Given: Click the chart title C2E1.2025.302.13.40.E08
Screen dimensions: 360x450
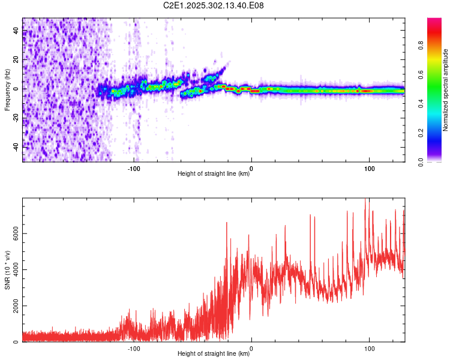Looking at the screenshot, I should click(x=214, y=5).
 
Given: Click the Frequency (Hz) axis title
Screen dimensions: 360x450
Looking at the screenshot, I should click(x=7, y=89).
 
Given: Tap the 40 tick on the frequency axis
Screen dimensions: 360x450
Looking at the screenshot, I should click(x=16, y=31).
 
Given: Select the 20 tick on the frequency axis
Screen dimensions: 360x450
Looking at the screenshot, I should click(x=16, y=60).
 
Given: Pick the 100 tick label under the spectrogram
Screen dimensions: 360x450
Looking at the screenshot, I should click(x=370, y=168).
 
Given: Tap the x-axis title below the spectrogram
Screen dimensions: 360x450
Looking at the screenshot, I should click(x=214, y=174).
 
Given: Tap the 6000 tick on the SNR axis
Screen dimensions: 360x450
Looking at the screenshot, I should click(x=13, y=233).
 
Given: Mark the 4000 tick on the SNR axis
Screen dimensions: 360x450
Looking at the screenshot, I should click(x=13, y=270).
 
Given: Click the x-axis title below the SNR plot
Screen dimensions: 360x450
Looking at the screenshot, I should click(x=214, y=354).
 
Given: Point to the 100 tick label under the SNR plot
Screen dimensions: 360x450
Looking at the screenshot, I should click(x=370, y=348).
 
